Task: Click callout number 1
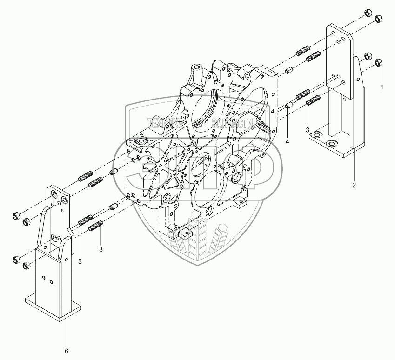[x=382, y=87]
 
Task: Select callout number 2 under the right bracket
[x=354, y=186]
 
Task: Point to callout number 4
[x=288, y=141]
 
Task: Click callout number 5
[x=80, y=262]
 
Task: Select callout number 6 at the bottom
[x=67, y=350]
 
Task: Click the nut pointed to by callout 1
[x=378, y=62]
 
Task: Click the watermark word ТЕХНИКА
[x=165, y=124]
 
